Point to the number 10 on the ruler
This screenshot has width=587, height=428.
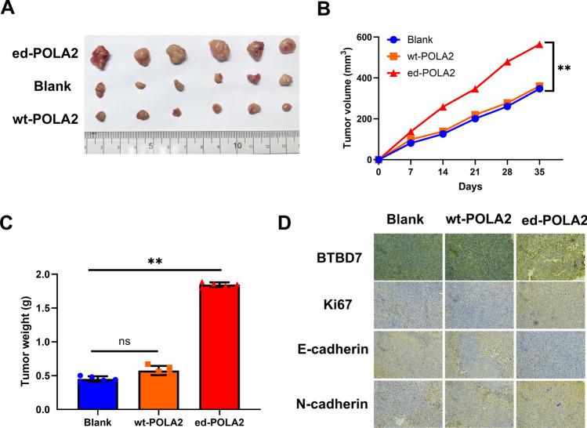coord(236,146)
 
